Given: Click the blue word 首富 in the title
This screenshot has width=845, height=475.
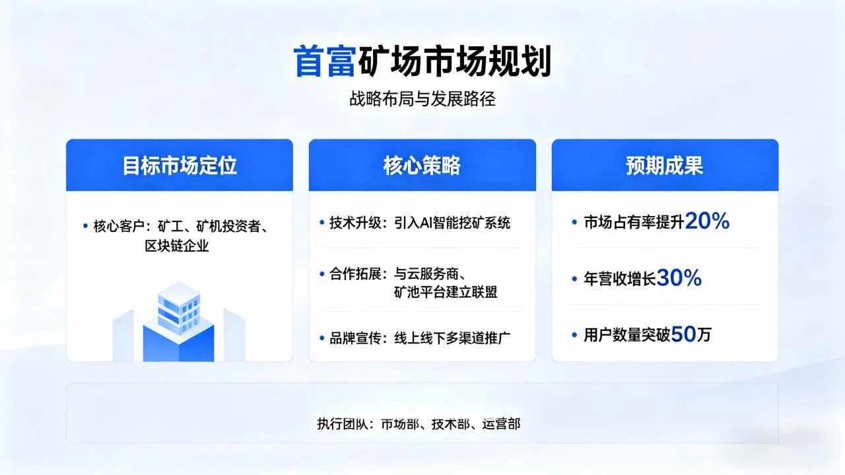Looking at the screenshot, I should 323,61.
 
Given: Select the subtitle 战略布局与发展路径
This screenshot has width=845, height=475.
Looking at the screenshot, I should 422,99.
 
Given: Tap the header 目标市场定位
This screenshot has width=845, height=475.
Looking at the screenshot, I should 180,166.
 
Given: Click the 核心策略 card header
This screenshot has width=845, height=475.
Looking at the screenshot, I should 422,166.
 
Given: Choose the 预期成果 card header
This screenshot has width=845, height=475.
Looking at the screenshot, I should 665,166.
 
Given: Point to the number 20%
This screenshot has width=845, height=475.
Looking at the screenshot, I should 707,222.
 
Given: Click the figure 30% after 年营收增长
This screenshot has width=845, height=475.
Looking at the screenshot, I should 679,279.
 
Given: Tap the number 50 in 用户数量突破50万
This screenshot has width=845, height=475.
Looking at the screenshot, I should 683,335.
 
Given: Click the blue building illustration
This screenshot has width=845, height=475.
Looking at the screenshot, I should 179,324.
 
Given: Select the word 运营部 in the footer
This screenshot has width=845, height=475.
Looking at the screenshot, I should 501,424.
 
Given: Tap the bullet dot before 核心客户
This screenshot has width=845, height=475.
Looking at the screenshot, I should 85,227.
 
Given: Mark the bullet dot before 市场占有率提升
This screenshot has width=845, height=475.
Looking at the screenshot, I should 574,223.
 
